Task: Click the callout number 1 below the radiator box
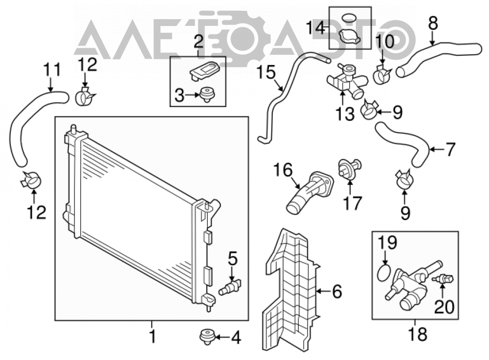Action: click(152, 337)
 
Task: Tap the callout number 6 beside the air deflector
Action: click(337, 292)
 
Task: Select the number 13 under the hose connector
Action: click(345, 113)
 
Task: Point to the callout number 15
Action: click(267, 72)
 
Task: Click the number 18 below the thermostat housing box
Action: click(418, 334)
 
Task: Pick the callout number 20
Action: click(445, 307)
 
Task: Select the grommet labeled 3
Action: click(208, 94)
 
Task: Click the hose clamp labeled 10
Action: click(382, 75)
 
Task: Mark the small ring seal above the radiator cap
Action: click(349, 18)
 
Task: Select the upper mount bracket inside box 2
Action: click(204, 70)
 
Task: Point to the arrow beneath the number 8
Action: click(432, 39)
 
